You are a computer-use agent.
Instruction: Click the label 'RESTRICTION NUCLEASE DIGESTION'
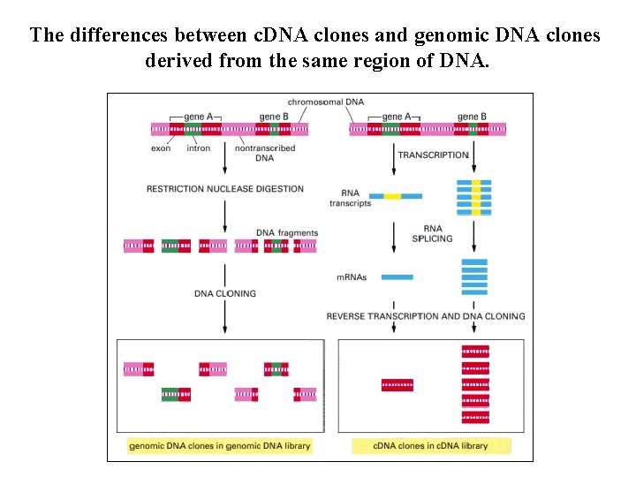click(x=224, y=188)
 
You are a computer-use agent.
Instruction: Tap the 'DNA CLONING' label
click(x=225, y=293)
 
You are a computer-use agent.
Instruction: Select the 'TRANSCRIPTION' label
click(x=433, y=155)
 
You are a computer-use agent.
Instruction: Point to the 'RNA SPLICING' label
click(x=438, y=233)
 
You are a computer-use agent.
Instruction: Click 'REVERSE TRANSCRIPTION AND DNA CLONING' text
click(x=426, y=315)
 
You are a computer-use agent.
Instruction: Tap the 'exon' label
click(x=161, y=148)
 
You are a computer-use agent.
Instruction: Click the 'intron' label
click(x=199, y=148)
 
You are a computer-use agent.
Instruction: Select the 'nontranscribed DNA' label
click(x=264, y=153)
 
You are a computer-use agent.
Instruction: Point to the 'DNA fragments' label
click(x=287, y=232)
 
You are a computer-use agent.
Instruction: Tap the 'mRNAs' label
click(x=352, y=276)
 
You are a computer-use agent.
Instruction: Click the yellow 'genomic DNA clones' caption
click(x=220, y=446)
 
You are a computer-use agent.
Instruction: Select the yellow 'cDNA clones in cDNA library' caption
click(x=431, y=446)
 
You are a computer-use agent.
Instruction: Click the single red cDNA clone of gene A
click(x=397, y=385)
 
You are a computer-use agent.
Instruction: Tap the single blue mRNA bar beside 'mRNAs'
click(x=397, y=277)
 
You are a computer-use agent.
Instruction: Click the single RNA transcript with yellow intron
click(x=395, y=196)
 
